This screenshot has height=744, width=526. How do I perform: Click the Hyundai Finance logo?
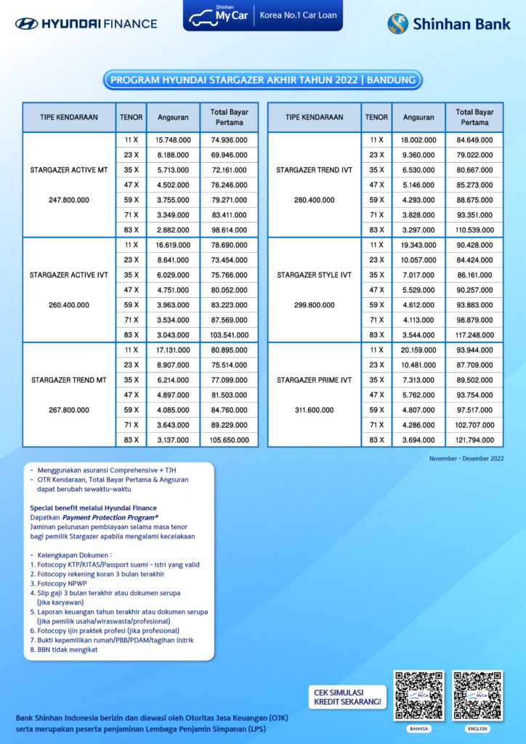(x=86, y=23)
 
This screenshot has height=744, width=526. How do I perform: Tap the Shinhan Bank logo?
(x=449, y=24)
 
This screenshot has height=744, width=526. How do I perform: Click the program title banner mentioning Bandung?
(x=262, y=80)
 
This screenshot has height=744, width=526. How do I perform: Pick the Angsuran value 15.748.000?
(x=173, y=140)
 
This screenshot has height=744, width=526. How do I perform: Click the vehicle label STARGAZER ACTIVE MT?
(x=69, y=170)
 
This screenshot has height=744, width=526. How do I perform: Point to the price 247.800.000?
(x=69, y=200)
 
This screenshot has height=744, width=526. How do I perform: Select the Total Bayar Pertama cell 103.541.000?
(x=229, y=335)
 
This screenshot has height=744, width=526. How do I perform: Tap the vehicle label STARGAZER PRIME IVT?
(x=315, y=380)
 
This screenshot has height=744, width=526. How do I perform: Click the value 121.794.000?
(x=474, y=440)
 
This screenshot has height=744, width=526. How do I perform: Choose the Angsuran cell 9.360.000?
(x=418, y=155)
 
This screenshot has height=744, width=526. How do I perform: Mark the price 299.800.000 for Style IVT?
(x=315, y=305)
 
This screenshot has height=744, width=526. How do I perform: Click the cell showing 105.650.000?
(x=229, y=440)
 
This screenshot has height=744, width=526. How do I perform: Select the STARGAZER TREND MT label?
(x=69, y=380)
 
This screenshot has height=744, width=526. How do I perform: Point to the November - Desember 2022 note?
(x=466, y=458)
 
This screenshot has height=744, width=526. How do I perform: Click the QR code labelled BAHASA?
(x=418, y=695)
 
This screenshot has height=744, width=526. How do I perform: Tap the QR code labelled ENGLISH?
(x=477, y=695)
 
